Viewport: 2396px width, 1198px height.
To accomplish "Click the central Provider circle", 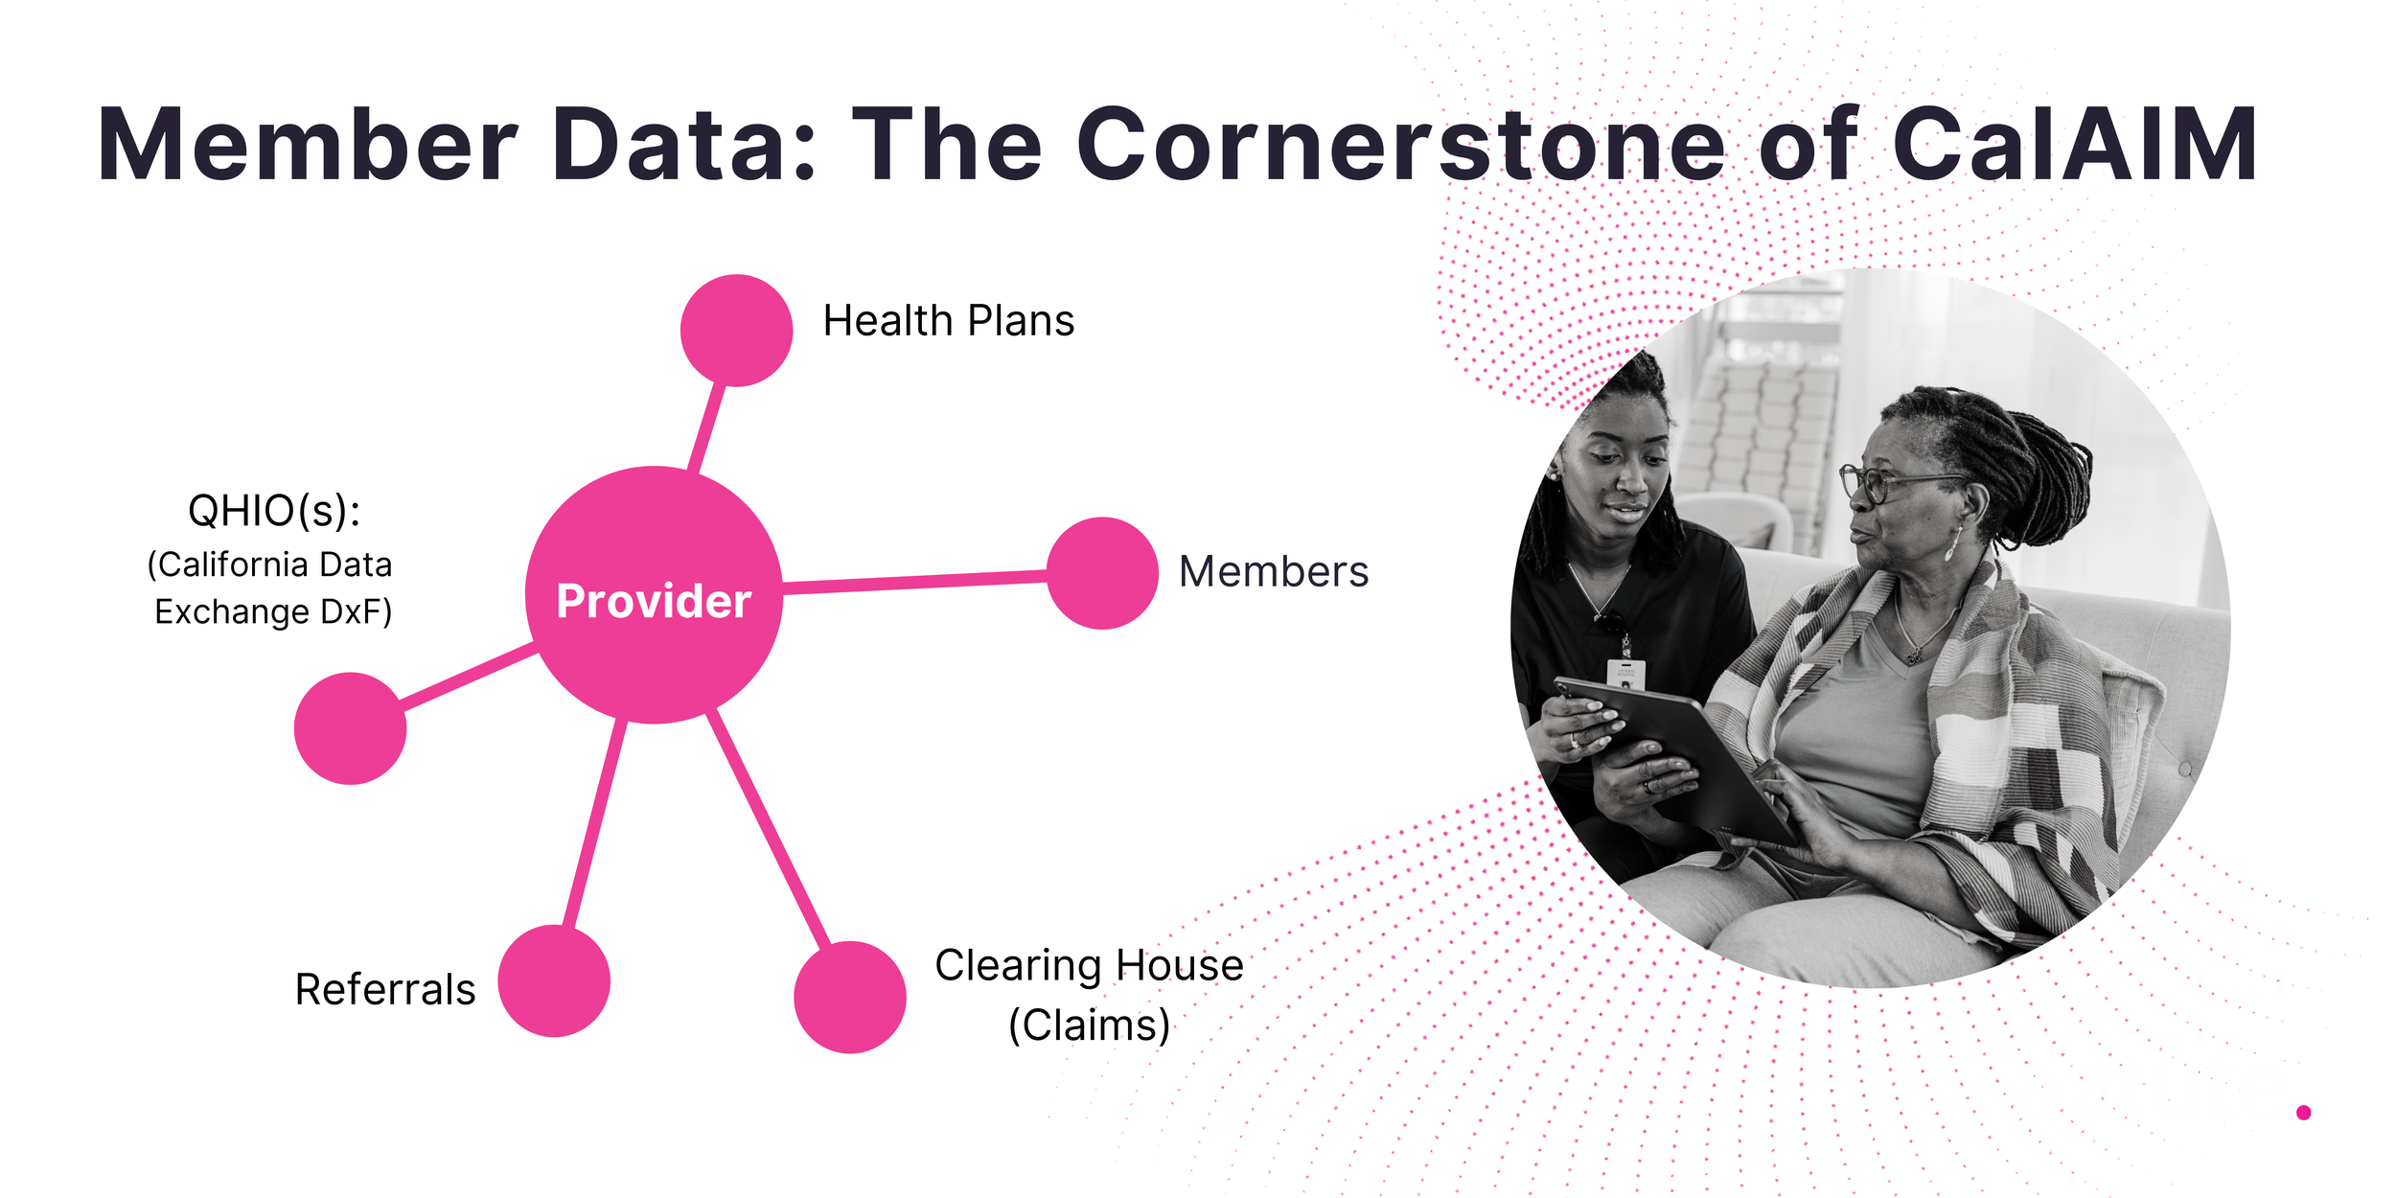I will pyautogui.click(x=654, y=595).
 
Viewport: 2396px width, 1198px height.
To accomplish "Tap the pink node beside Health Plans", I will pyautogui.click(x=736, y=331).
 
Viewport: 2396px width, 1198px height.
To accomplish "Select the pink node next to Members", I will pyautogui.click(x=1102, y=573).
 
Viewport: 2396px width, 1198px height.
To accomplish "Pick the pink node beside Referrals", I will pyautogui.click(x=554, y=980).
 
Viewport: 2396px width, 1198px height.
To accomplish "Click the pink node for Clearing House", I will pyautogui.click(x=850, y=997).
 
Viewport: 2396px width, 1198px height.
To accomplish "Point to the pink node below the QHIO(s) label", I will pyautogui.click(x=351, y=728).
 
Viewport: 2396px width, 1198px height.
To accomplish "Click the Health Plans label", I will pyautogui.click(x=948, y=321).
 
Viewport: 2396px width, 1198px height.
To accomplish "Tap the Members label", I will pyautogui.click(x=1273, y=572).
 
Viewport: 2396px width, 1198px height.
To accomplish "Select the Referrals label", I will pyautogui.click(x=385, y=990).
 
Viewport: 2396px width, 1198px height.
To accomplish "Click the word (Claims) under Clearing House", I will pyautogui.click(x=1089, y=1025).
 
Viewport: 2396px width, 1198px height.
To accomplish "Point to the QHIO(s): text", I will pyautogui.click(x=274, y=511).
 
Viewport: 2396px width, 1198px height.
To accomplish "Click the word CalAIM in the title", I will pyautogui.click(x=2075, y=146).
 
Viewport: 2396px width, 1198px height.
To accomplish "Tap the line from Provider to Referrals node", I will pyautogui.click(x=595, y=824).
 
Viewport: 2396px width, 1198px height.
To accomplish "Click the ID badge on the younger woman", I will pyautogui.click(x=1625, y=674).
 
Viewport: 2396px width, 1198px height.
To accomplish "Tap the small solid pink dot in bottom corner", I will pyautogui.click(x=2303, y=1113).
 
